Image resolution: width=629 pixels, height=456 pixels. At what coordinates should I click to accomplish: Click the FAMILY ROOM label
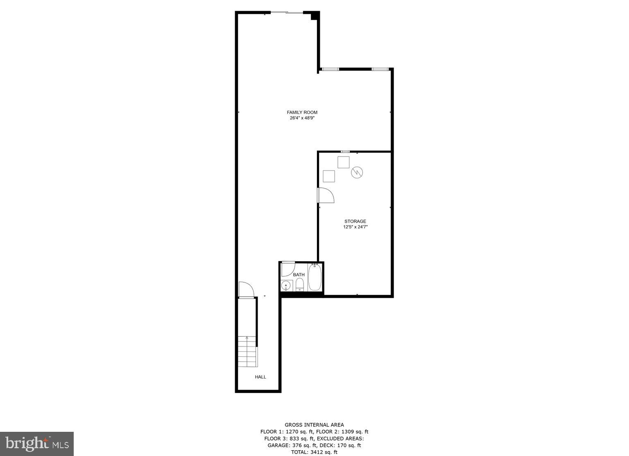302,112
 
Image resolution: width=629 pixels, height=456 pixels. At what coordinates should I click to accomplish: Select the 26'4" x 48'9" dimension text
302,118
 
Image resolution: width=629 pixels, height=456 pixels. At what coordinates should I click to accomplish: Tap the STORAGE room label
355,221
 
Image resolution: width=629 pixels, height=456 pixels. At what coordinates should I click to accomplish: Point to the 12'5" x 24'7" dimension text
355,227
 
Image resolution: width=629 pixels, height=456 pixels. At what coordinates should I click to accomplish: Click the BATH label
299,275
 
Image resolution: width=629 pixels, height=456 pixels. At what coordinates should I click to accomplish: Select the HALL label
260,377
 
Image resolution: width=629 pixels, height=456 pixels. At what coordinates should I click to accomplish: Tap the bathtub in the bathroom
315,278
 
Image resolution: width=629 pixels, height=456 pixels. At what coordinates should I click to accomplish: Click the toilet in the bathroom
300,285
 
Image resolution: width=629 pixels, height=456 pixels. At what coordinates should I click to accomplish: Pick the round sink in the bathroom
286,285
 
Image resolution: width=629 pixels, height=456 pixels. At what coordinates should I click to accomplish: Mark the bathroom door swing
287,268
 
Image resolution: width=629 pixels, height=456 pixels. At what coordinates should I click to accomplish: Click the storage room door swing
326,195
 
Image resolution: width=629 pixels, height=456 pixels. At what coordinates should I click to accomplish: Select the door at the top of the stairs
246,289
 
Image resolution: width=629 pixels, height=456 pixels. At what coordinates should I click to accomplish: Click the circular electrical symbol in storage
356,173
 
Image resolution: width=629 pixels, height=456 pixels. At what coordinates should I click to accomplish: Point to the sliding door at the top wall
287,13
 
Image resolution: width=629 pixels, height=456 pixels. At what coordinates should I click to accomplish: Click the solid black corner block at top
314,16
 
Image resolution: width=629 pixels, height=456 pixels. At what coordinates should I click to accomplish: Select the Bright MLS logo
37,444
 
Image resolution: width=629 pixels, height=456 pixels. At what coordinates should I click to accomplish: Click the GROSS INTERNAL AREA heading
314,425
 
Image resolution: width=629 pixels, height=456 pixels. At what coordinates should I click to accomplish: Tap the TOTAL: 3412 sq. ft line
314,452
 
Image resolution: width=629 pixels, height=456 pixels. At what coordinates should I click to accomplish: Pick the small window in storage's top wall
345,152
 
